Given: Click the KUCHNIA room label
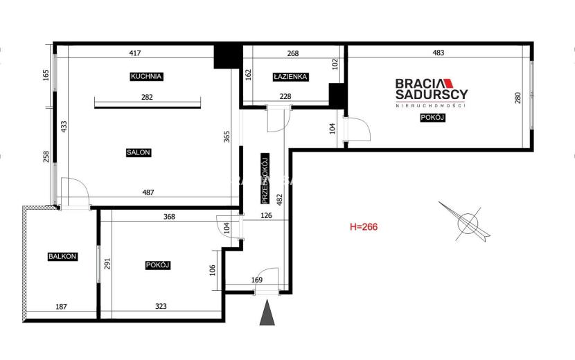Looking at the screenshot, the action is click(147, 77).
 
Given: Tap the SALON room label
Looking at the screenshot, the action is click(139, 152).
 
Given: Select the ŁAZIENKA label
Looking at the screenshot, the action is click(290, 77).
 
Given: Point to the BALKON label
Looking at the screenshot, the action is click(62, 257).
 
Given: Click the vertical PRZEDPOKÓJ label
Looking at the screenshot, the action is click(265, 179).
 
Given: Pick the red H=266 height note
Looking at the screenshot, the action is click(364, 227).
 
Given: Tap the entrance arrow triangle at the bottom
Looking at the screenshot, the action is click(267, 312).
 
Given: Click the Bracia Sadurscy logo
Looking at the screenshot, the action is click(432, 93).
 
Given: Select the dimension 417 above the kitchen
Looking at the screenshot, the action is click(135, 53).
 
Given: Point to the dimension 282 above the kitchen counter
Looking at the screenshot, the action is click(147, 97).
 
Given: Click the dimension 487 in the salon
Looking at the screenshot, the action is click(148, 192).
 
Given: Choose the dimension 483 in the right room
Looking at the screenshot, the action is click(439, 53).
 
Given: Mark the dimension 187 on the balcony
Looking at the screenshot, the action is click(61, 307).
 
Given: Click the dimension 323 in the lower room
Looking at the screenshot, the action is click(161, 306).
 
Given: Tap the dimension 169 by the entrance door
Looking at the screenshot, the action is click(257, 280).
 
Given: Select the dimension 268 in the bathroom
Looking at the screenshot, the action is click(293, 53).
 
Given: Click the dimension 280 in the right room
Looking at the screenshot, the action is click(517, 98).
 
